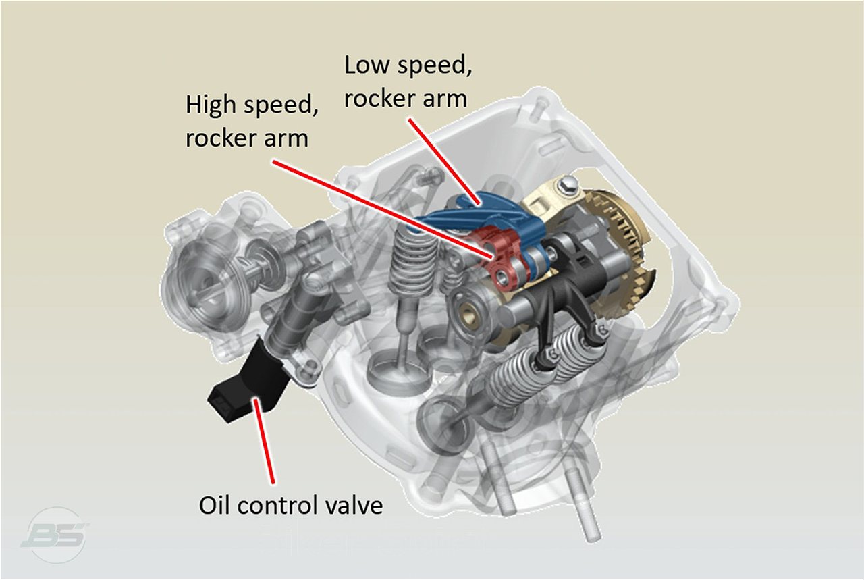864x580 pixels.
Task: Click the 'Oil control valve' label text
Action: click(x=290, y=505)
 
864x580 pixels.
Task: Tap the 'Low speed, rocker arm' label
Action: click(x=405, y=82)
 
